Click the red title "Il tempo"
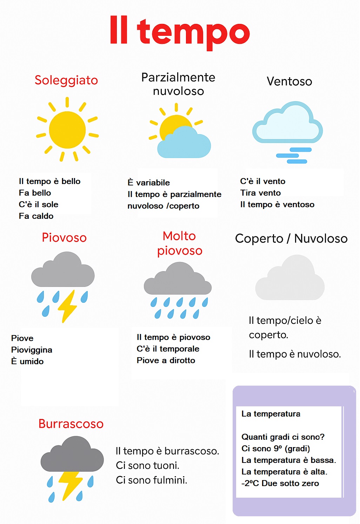point(180,32)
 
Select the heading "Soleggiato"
point(66,80)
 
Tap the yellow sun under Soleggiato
point(67,130)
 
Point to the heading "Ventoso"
point(289,81)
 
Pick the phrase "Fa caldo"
point(36,216)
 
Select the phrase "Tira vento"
point(260,193)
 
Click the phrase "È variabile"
point(148,183)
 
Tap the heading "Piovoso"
point(64,237)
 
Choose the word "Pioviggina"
point(32,350)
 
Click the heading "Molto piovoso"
point(180,243)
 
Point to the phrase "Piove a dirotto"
point(166,360)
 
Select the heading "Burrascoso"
point(71,424)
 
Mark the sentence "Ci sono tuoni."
point(147,465)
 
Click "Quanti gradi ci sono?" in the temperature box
point(283,437)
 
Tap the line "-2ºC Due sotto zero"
point(280,483)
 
